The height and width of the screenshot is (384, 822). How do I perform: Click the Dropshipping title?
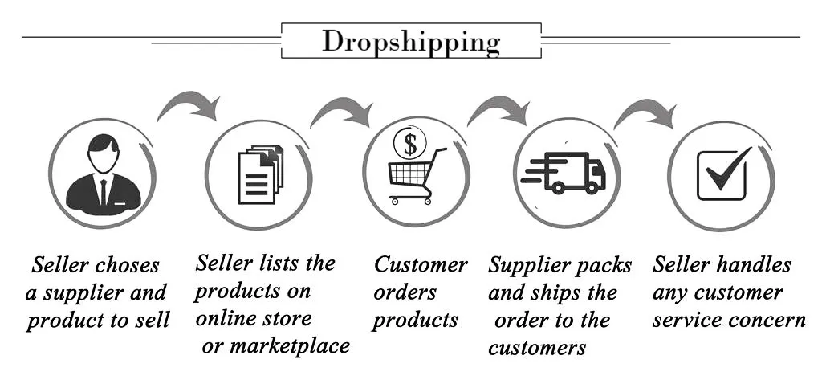coord(411,41)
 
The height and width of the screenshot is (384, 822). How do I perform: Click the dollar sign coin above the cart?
coord(410,145)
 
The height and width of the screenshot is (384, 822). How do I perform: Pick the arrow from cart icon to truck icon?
coord(498,108)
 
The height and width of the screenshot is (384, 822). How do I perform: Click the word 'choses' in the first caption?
coord(127,266)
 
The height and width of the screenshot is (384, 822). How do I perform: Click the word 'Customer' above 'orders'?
coord(421,264)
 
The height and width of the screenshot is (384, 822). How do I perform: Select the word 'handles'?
coord(755,264)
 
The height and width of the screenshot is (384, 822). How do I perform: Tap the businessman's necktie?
coord(103,191)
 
